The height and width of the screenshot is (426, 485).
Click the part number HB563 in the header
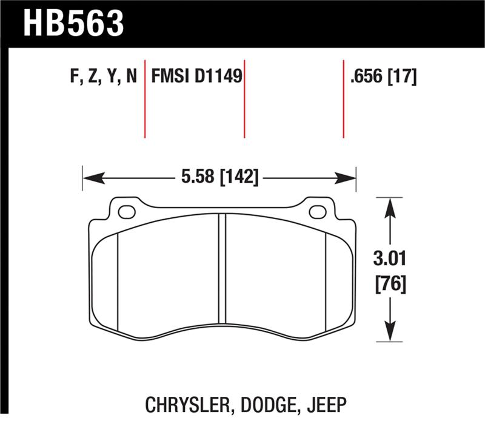coord(73,22)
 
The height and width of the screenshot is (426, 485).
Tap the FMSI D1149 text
coord(196,76)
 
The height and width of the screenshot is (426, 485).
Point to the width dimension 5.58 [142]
coord(219,178)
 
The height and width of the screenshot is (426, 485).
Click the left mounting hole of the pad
coord(127,212)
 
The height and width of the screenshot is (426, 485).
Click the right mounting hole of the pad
coord(317,212)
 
